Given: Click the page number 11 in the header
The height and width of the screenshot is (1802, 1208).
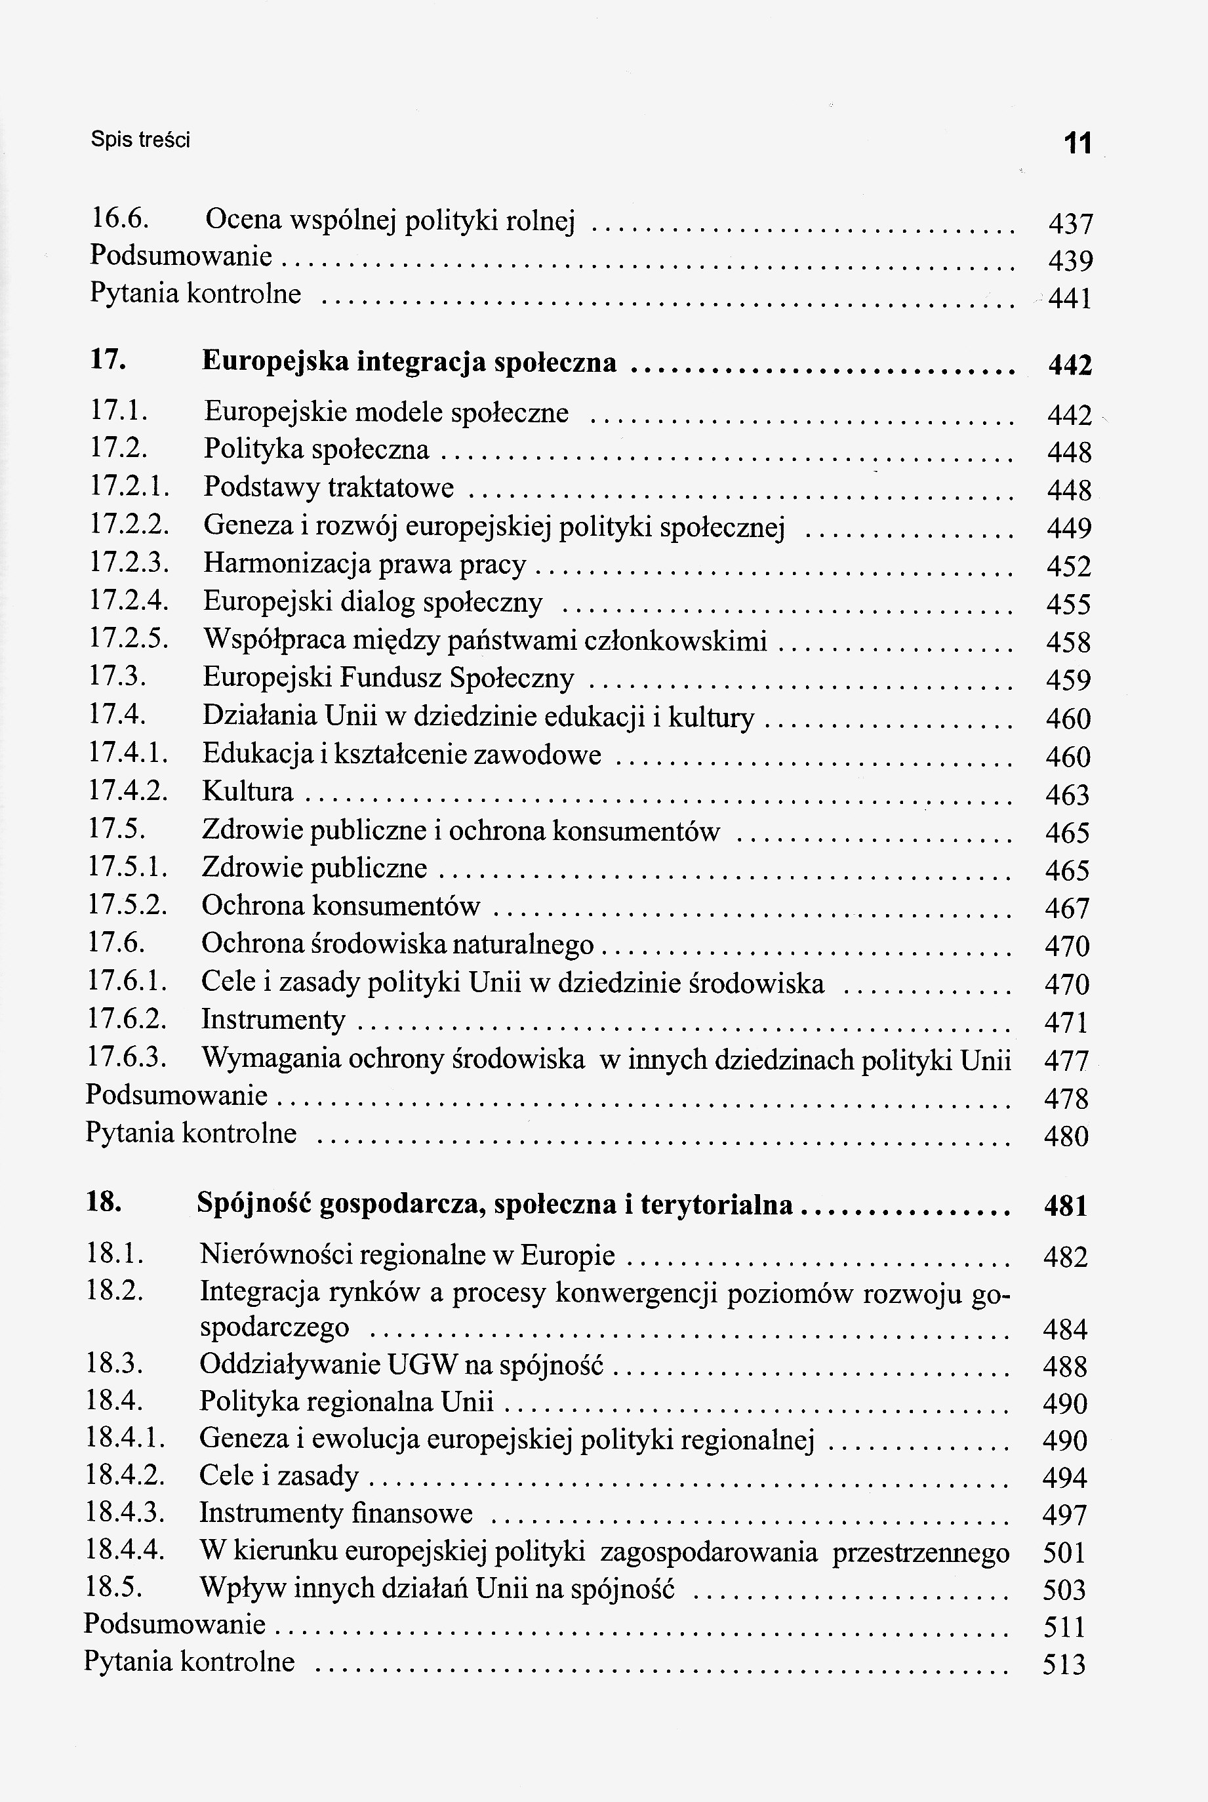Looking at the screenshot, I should coord(1077,144).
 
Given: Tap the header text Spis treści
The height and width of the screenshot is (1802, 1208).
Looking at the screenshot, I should coord(140,140).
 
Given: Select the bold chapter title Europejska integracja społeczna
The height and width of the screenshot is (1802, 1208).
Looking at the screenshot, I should coord(409,361).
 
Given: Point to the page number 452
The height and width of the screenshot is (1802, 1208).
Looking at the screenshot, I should coord(1068,567).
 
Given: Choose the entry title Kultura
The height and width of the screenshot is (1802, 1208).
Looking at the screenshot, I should coord(247,791).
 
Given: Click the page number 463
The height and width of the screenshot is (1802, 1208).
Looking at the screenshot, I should coord(1067,794).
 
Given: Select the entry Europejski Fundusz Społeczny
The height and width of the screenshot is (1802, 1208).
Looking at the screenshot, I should coord(388,677).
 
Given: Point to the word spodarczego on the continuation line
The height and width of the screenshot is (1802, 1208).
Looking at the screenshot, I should coord(274,1327).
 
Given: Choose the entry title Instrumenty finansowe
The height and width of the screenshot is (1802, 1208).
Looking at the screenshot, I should coord(336,1513).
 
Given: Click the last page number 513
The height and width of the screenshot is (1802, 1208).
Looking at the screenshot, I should coord(1064,1665).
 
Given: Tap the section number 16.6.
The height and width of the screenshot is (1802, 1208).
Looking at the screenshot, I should coord(119,219).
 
